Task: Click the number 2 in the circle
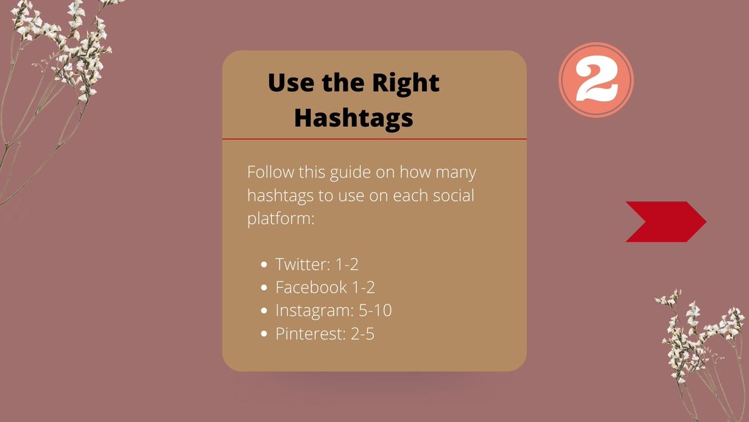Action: [596, 81]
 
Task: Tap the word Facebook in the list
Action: [311, 288]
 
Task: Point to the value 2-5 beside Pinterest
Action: [362, 334]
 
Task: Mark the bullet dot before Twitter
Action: [265, 265]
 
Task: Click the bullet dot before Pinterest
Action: [265, 334]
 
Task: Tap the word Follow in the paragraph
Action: [270, 173]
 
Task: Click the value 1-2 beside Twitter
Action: [346, 264]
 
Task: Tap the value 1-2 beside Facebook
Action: [363, 288]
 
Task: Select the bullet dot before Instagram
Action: [265, 311]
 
